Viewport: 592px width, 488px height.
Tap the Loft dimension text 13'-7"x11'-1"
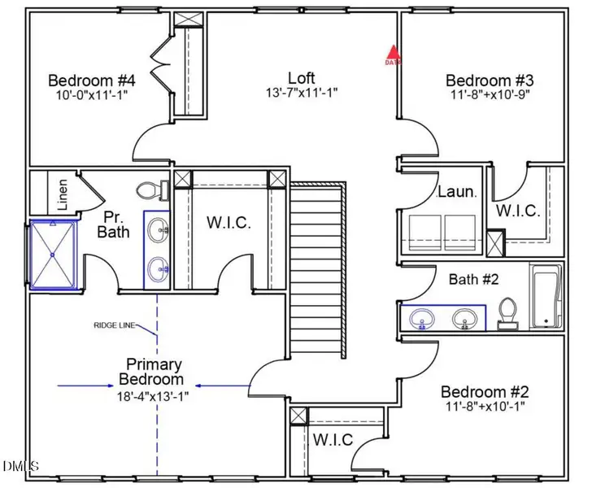(x=301, y=94)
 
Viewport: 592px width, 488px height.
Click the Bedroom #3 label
(x=489, y=81)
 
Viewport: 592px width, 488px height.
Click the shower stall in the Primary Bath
(x=53, y=254)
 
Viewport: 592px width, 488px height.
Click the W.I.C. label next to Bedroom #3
(x=518, y=211)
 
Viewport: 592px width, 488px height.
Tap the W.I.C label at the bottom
(x=333, y=440)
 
